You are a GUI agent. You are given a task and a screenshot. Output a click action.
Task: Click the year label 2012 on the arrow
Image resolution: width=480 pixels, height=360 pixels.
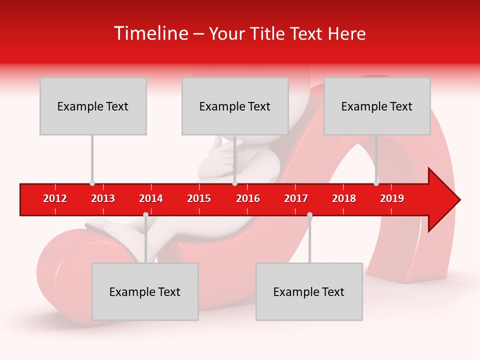pyautogui.click(x=55, y=198)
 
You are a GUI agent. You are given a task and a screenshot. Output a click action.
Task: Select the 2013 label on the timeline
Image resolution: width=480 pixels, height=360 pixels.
pyautogui.click(x=103, y=198)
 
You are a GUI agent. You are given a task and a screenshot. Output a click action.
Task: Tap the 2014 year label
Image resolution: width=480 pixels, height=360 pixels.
pyautogui.click(x=151, y=198)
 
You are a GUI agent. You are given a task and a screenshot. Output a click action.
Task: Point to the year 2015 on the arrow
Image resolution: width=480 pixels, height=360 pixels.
pyautogui.click(x=199, y=198)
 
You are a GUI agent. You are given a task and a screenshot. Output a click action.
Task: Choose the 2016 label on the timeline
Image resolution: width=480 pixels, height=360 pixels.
pyautogui.click(x=248, y=198)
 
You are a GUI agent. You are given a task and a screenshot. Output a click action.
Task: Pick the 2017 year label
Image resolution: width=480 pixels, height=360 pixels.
pyautogui.click(x=296, y=198)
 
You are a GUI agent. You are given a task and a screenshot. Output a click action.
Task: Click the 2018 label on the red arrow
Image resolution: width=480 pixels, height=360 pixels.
pyautogui.click(x=344, y=198)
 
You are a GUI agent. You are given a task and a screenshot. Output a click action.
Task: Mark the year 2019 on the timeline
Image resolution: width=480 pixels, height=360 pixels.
pyautogui.click(x=392, y=198)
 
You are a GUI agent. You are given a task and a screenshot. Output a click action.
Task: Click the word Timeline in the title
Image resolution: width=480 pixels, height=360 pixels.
pyautogui.click(x=150, y=33)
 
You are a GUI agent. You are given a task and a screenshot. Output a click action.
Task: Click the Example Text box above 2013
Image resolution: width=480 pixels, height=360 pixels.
pyautogui.click(x=93, y=106)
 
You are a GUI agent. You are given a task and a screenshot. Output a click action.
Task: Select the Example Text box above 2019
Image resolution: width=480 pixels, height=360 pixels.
pyautogui.click(x=377, y=106)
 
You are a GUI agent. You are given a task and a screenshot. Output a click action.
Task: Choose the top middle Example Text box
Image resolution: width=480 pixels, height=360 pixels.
pyautogui.click(x=235, y=106)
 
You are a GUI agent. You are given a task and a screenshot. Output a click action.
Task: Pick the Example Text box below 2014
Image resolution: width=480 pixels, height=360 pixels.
pyautogui.click(x=145, y=291)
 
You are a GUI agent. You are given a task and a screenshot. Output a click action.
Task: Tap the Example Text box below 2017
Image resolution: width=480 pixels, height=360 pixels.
pyautogui.click(x=309, y=291)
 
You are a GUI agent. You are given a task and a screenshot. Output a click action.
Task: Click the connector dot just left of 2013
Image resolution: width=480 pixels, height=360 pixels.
pyautogui.click(x=92, y=183)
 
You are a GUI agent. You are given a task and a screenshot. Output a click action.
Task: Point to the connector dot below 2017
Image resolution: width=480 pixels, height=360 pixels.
pyautogui.click(x=309, y=215)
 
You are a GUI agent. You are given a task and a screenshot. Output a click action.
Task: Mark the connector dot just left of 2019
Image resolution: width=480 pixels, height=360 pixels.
pyautogui.click(x=376, y=183)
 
